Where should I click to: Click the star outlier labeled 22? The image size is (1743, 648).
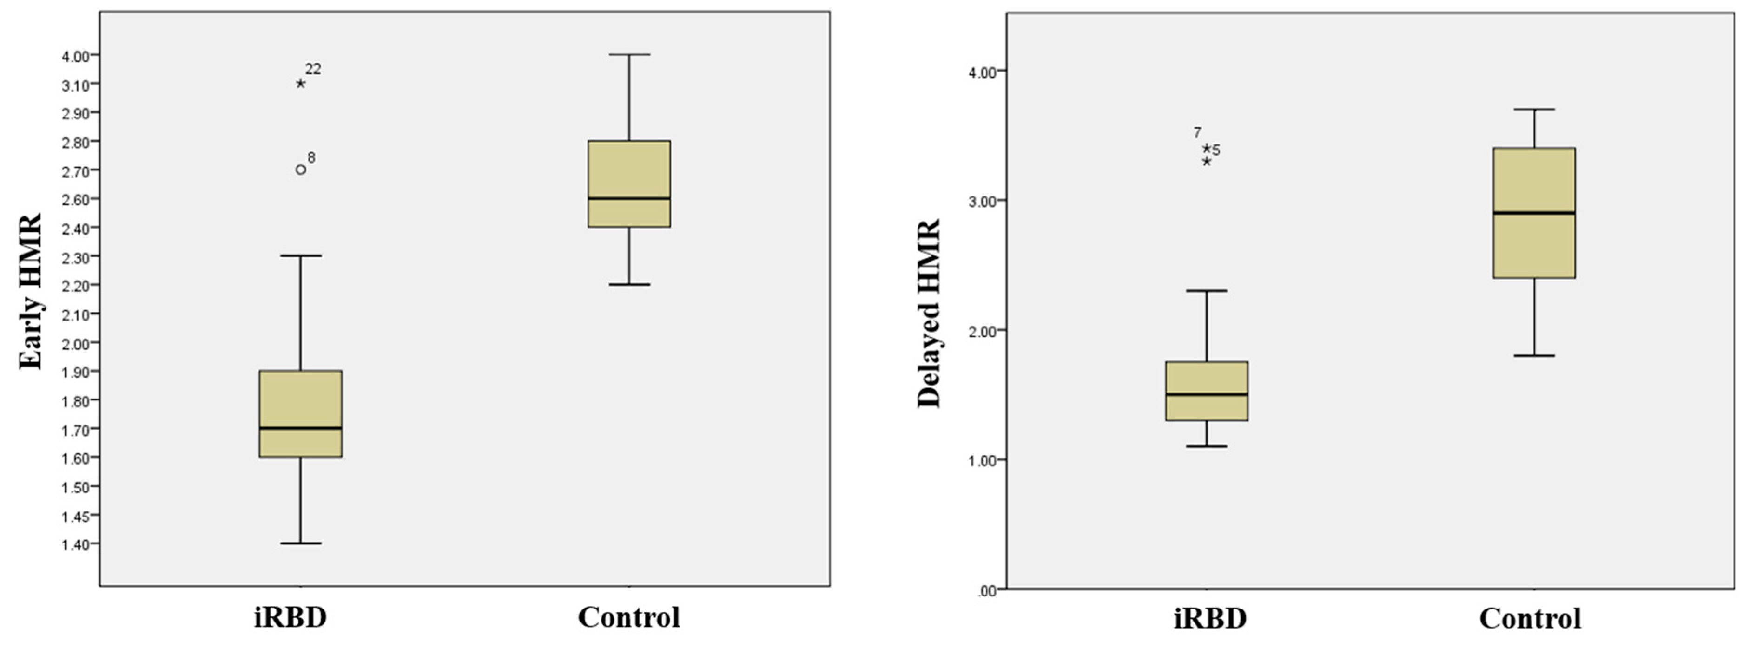[x=300, y=83]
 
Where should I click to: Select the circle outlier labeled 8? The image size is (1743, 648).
[x=300, y=169]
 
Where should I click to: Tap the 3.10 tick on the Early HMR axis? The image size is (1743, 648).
[x=75, y=85]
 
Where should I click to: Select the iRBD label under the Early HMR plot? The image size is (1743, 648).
[x=290, y=617]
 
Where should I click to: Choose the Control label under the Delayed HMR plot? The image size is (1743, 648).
[x=1530, y=618]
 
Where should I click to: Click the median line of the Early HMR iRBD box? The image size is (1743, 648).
[x=300, y=428]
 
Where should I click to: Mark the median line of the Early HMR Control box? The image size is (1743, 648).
[x=629, y=198]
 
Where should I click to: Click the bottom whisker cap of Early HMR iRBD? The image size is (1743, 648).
[x=300, y=543]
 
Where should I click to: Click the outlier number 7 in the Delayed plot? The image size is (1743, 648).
[x=1197, y=132]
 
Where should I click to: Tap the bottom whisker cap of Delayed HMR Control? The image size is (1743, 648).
[x=1534, y=355]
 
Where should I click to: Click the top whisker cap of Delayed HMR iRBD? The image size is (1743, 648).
[x=1207, y=290]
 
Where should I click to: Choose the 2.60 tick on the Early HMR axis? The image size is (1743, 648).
[x=75, y=200]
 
